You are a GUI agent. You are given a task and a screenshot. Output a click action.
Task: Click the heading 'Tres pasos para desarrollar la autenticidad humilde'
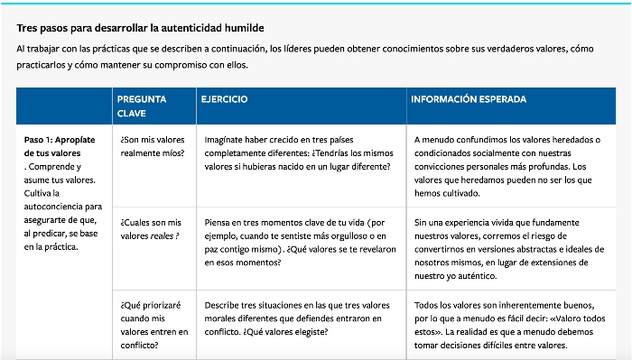[x=140, y=29]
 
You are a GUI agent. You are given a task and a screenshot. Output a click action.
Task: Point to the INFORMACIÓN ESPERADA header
[x=469, y=99]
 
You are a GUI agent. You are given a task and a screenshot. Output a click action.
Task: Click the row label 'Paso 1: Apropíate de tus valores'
[x=59, y=146]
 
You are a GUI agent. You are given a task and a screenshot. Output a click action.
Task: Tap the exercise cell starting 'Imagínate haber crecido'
[x=298, y=153]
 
